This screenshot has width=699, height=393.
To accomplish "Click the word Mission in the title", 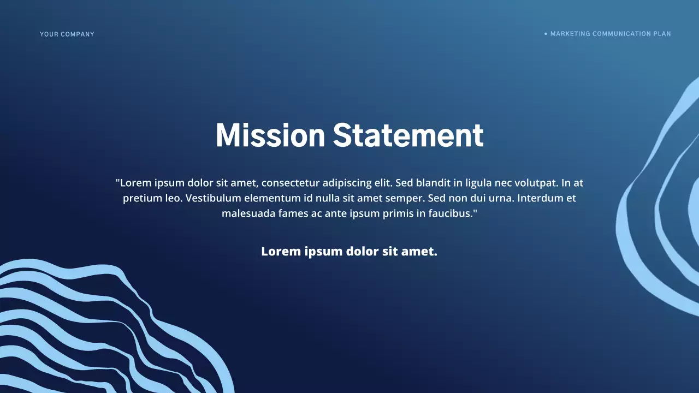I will coord(270,135).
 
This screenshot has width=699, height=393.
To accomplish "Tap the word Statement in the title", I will coord(408,135).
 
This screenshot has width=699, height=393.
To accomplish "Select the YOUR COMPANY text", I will coord(67,34).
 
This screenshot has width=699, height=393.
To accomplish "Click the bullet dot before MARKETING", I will coord(546,34).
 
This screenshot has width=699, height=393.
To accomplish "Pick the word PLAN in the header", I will coord(662,34).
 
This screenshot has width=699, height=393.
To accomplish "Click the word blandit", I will coord(433,183).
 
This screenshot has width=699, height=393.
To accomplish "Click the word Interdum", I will coord(541,198).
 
